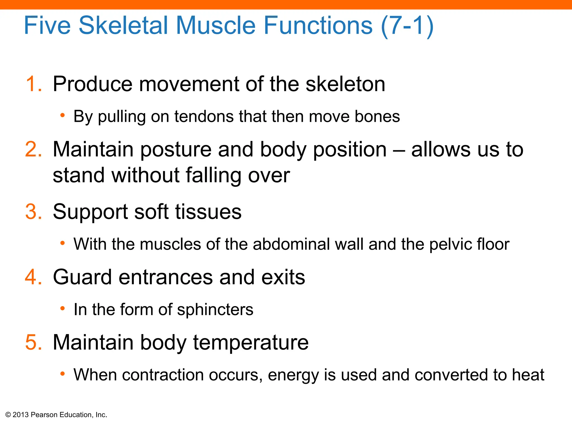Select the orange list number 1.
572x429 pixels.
[33, 84]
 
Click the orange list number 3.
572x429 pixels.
[33, 212]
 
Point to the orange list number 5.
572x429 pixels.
[33, 342]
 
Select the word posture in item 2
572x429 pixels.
[176, 150]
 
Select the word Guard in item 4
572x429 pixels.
[82, 277]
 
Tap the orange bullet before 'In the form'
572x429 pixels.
[63, 309]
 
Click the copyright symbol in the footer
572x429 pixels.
[8, 415]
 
